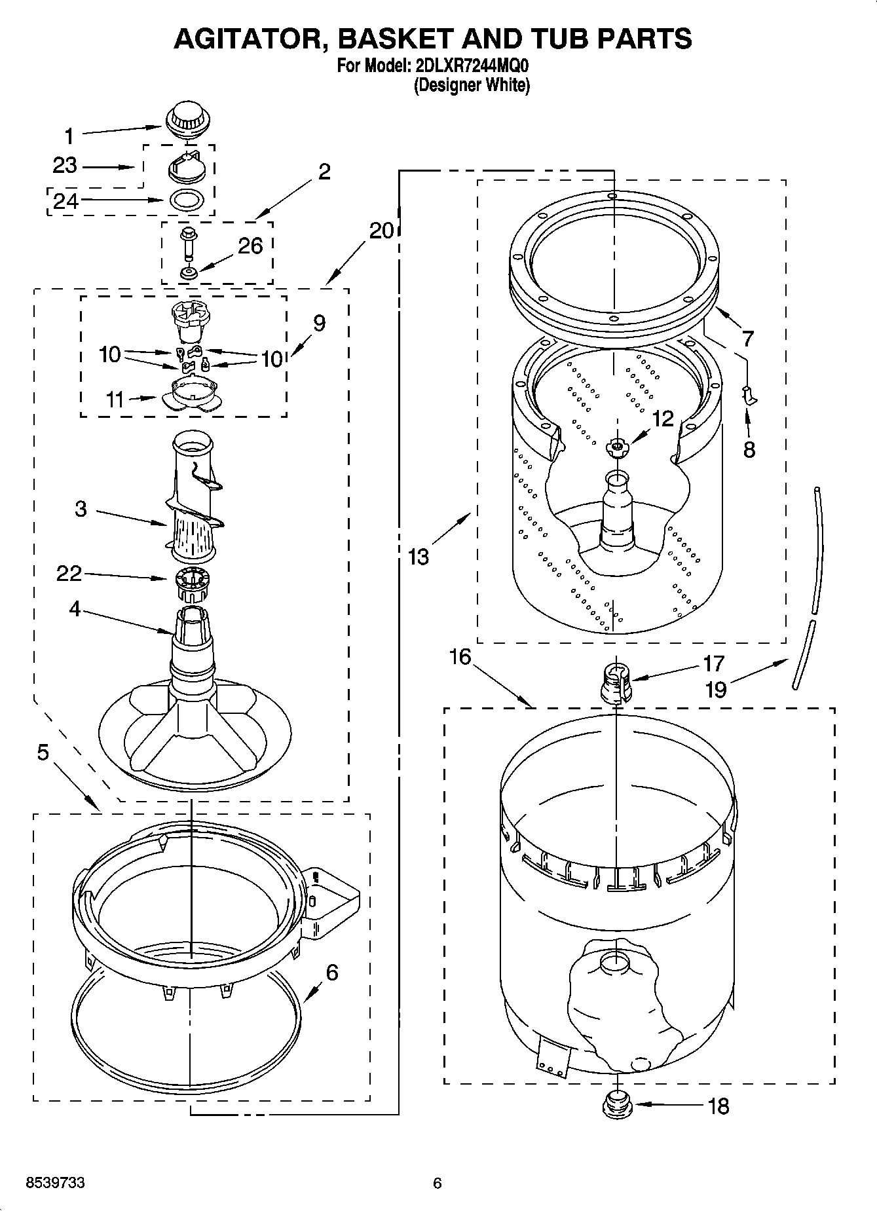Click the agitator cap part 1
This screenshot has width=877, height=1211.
[x=188, y=121]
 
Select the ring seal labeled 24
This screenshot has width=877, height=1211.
[x=187, y=200]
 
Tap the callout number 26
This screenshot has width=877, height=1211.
[x=250, y=246]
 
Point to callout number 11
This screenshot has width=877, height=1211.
[x=115, y=399]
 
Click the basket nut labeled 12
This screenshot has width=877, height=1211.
[x=616, y=447]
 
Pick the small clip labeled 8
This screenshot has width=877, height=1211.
[x=750, y=395]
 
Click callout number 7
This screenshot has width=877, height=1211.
[x=747, y=339]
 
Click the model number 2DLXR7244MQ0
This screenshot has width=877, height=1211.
[x=470, y=66]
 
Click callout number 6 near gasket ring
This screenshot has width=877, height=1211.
[x=331, y=973]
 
